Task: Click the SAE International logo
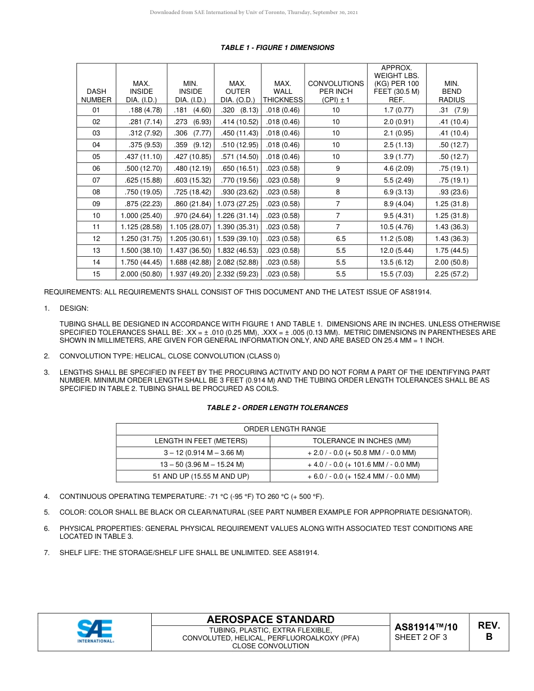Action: click(x=96, y=631)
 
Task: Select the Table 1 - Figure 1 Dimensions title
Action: click(x=278, y=48)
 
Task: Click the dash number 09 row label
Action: click(x=96, y=204)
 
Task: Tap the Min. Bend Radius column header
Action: click(x=451, y=92)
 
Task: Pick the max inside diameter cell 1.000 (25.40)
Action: click(x=141, y=216)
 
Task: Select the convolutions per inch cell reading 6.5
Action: click(x=336, y=239)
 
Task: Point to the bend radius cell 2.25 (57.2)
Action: click(x=451, y=274)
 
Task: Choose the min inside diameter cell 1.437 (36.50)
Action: click(x=190, y=251)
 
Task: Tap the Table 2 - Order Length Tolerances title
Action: click(x=278, y=408)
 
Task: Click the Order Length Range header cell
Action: click(x=277, y=429)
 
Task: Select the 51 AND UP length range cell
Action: click(x=193, y=476)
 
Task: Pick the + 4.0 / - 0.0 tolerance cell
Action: click(x=354, y=465)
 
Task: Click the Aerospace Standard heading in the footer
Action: click(x=270, y=620)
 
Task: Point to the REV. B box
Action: click(x=488, y=631)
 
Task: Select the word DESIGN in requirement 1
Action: click(x=74, y=308)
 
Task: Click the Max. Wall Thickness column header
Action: click(x=282, y=92)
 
